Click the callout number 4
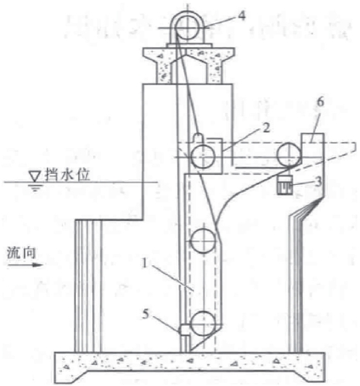coord(242,15)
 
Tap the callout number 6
coord(321,102)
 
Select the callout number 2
coord(266,128)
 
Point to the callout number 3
coord(319,182)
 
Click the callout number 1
coord(145,264)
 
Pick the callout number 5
coord(146,314)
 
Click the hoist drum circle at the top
coord(187,27)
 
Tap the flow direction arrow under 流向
coord(25,265)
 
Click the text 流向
coord(21,253)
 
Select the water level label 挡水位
coord(67,175)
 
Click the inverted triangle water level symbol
coord(35,176)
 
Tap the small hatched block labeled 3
coord(285,185)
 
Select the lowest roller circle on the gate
coord(203,324)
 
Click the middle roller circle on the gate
coord(203,241)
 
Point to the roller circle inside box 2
coord(203,157)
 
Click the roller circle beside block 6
coord(290,155)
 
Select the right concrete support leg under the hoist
coord(214,70)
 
